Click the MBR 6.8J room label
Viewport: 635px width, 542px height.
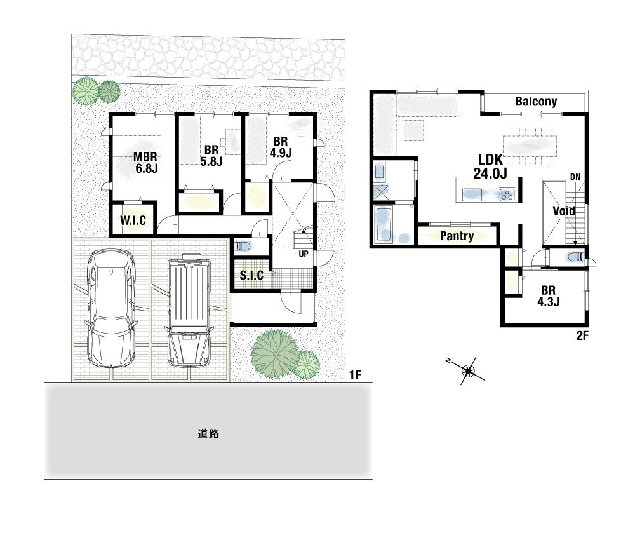[x=146, y=163]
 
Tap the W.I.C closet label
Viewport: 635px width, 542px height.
[x=133, y=220]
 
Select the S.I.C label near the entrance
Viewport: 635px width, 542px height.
[x=251, y=276]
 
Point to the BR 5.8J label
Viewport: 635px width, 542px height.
[x=211, y=156]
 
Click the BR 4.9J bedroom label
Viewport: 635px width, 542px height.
[x=281, y=147]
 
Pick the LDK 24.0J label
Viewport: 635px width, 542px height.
[x=490, y=166]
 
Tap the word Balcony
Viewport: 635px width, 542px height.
[x=536, y=101]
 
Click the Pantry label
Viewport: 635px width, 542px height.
[x=457, y=236]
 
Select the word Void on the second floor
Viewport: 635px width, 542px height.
[x=564, y=211]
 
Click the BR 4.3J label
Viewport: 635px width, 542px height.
[x=549, y=296]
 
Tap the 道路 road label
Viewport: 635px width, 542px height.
[x=208, y=434]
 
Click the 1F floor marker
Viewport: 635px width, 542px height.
[x=355, y=375]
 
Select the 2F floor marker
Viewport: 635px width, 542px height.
[x=582, y=335]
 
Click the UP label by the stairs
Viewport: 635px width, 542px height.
[x=304, y=254]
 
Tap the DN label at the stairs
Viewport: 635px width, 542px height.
[x=575, y=177]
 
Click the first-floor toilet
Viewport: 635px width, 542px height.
[x=243, y=246]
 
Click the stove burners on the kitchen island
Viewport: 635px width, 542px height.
[x=507, y=195]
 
